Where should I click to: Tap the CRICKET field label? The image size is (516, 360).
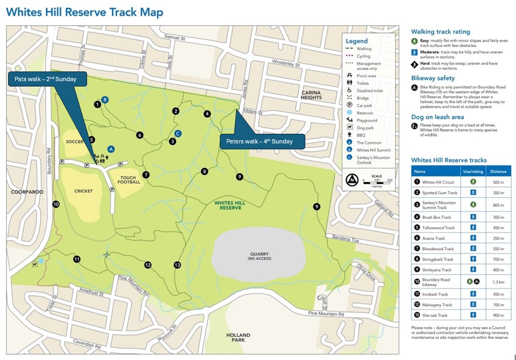[x=84, y=191]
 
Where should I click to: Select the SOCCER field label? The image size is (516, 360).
[x=73, y=142]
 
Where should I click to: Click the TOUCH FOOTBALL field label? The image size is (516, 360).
[x=129, y=179]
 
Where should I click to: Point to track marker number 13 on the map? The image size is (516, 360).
[x=177, y=265]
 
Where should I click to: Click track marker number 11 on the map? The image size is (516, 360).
[x=77, y=259]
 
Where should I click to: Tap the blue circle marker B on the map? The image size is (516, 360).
[x=105, y=99]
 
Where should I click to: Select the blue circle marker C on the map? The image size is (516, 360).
[x=178, y=133]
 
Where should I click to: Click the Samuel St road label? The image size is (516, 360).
[x=174, y=38]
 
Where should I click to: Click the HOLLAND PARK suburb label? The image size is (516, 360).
[x=238, y=338]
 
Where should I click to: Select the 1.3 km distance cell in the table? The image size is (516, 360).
[x=498, y=282]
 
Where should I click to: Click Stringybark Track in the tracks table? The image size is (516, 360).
[x=439, y=260]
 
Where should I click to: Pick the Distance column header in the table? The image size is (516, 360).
[x=498, y=171]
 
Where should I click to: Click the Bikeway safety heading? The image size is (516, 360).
[x=433, y=78]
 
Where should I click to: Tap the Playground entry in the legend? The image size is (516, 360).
[x=367, y=120]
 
